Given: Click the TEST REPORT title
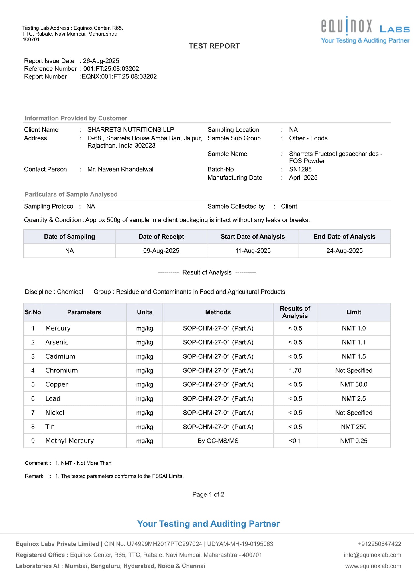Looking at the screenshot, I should point(214,46).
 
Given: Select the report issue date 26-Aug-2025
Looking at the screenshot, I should point(101,61).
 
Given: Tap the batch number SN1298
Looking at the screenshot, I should point(300,169).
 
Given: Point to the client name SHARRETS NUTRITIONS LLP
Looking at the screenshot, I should point(131,130).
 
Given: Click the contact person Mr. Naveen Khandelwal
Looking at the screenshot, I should point(120,169).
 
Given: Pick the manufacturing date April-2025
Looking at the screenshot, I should point(303,178).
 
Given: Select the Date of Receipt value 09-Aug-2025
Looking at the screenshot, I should point(161,251).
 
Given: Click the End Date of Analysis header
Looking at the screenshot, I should point(344,237).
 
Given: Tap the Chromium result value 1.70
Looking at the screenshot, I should point(295,370).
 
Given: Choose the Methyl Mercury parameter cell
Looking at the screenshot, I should point(70,441).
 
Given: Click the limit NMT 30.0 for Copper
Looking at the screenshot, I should point(354,384).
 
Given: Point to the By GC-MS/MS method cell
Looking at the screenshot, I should point(218,441).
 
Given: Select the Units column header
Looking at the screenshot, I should point(144,312).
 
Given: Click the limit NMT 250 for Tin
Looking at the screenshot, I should point(354,427).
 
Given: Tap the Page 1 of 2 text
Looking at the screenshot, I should point(208,494).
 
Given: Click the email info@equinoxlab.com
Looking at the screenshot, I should point(372,555).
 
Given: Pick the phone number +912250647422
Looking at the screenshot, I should point(379,544).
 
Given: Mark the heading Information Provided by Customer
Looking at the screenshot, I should point(76,118).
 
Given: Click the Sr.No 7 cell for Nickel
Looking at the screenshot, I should point(33,413).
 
